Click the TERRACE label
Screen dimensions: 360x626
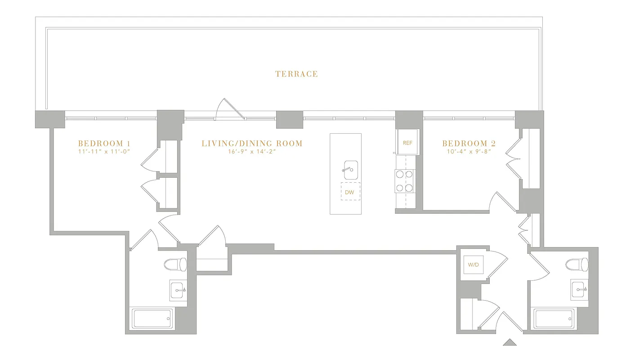point(296,74)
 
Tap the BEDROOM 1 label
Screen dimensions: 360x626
point(104,144)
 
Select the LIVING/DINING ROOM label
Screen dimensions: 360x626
point(252,144)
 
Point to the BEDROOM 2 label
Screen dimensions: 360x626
point(469,144)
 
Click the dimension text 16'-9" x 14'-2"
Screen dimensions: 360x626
point(252,152)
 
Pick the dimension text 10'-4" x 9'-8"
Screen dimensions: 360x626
point(469,152)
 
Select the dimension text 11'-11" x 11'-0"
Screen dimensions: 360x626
point(104,152)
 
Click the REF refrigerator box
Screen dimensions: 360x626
point(407,143)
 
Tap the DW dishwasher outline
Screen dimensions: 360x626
point(350,192)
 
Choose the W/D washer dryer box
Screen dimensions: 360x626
point(473,265)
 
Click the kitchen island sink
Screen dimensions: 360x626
point(350,169)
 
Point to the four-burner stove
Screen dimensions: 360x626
point(404,181)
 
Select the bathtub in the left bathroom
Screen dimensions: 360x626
point(152,319)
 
